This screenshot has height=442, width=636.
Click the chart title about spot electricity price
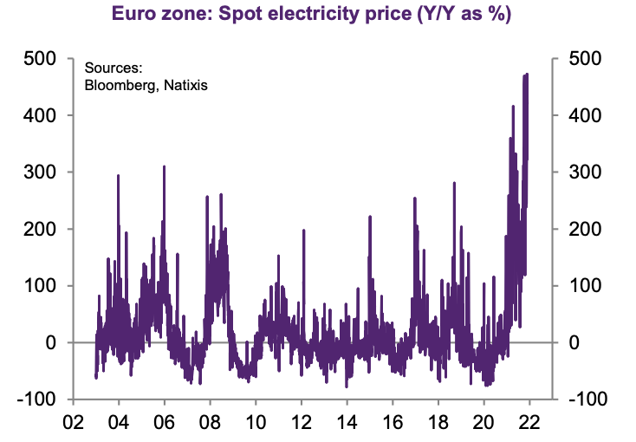[x=318, y=15]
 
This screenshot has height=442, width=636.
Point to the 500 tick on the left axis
[x=42, y=59]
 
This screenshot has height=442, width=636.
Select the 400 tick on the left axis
[x=42, y=115]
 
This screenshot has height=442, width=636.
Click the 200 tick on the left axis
[x=42, y=229]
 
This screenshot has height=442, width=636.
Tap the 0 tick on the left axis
[x=51, y=343]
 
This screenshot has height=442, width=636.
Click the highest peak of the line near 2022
[x=527, y=75]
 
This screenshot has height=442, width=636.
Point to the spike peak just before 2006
[x=164, y=166]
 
